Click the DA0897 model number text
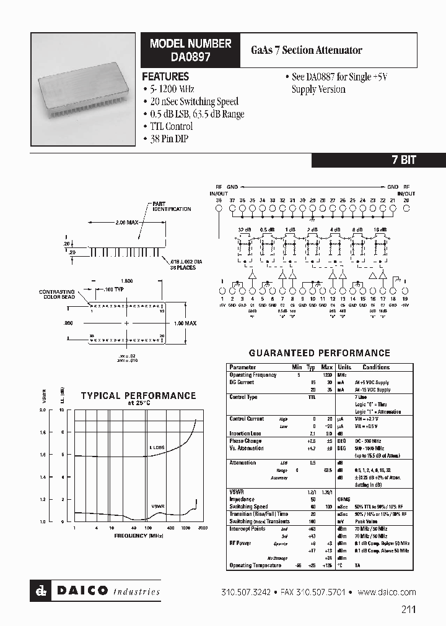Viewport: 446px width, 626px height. (x=190, y=56)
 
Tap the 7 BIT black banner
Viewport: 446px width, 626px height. (x=404, y=160)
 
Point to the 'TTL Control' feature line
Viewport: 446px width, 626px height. (x=167, y=127)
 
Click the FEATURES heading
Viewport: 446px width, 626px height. (x=165, y=77)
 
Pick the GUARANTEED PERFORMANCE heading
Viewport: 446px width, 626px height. (x=319, y=353)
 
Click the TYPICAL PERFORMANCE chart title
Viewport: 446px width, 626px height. (x=138, y=396)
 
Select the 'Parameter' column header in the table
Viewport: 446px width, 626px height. (x=242, y=367)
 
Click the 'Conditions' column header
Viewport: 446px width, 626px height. (x=376, y=367)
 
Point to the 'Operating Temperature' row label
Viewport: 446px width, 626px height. (x=255, y=565)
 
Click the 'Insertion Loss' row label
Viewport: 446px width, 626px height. (x=246, y=434)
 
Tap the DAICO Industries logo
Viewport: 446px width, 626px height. (x=95, y=591)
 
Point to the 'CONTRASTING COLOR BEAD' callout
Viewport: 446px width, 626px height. (x=57, y=294)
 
